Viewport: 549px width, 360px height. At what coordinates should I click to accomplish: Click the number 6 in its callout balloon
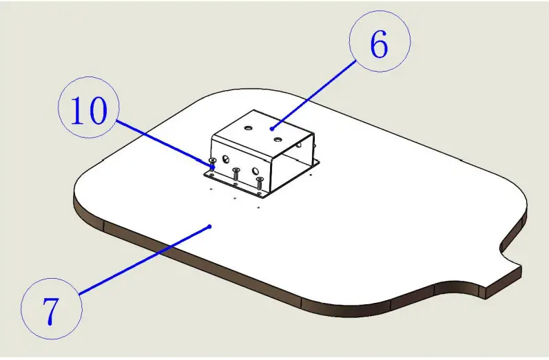(379, 44)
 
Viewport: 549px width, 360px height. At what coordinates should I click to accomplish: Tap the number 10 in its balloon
(89, 111)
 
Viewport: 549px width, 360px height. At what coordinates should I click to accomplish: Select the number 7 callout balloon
(52, 308)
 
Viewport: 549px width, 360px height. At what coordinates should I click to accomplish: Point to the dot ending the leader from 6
(271, 129)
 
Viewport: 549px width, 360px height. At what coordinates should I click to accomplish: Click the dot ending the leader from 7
(209, 226)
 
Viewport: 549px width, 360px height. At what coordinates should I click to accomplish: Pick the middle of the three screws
(236, 173)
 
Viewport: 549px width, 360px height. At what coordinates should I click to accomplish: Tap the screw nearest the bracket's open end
(260, 183)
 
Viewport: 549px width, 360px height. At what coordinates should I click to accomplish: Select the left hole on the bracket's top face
(248, 128)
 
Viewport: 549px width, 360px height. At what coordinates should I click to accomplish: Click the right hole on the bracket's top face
(278, 140)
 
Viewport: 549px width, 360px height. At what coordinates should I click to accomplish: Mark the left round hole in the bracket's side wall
(226, 160)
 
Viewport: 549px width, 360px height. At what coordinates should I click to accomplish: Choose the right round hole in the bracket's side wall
(256, 171)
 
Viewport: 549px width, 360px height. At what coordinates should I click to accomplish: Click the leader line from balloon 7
(145, 260)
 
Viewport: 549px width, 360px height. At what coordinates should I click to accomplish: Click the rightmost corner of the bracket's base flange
(319, 161)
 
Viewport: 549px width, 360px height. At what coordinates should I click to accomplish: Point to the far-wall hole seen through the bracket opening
(298, 144)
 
